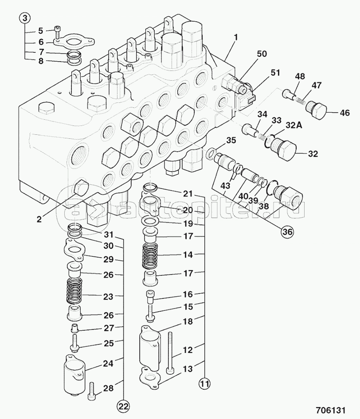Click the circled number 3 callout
click(24, 19)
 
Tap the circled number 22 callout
click(124, 407)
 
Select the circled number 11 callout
click(204, 384)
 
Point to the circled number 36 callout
click(287, 232)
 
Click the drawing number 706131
click(331, 410)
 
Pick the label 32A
click(294, 125)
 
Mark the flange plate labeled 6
click(74, 41)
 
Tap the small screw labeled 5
click(57, 32)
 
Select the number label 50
click(262, 54)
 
